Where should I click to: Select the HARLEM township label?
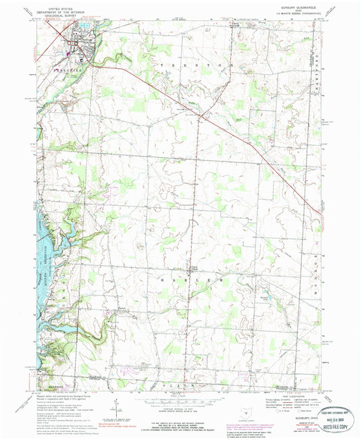click(184, 278)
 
